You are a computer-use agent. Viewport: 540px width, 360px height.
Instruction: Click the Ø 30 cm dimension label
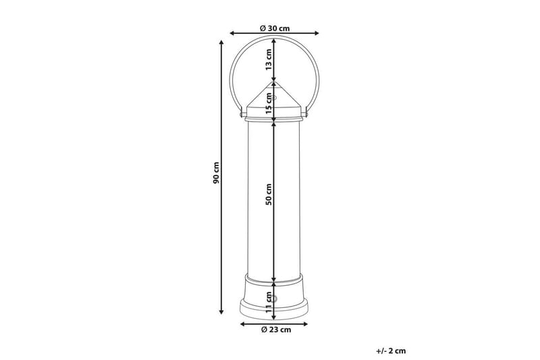coord(275,28)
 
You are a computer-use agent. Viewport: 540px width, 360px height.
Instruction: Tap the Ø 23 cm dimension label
coord(276,330)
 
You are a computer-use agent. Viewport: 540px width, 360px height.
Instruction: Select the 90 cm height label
coord(216,172)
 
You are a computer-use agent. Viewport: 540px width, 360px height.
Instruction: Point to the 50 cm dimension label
coord(269,195)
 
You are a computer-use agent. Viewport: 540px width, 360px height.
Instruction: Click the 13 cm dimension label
coord(269,59)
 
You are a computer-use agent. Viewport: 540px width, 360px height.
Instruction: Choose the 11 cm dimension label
coord(269,302)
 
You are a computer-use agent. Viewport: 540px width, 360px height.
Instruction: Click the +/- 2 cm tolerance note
coord(391,351)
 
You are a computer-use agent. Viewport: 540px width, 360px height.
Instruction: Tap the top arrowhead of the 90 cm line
coord(221,43)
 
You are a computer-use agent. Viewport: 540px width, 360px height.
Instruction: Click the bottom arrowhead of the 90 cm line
coord(221,312)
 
